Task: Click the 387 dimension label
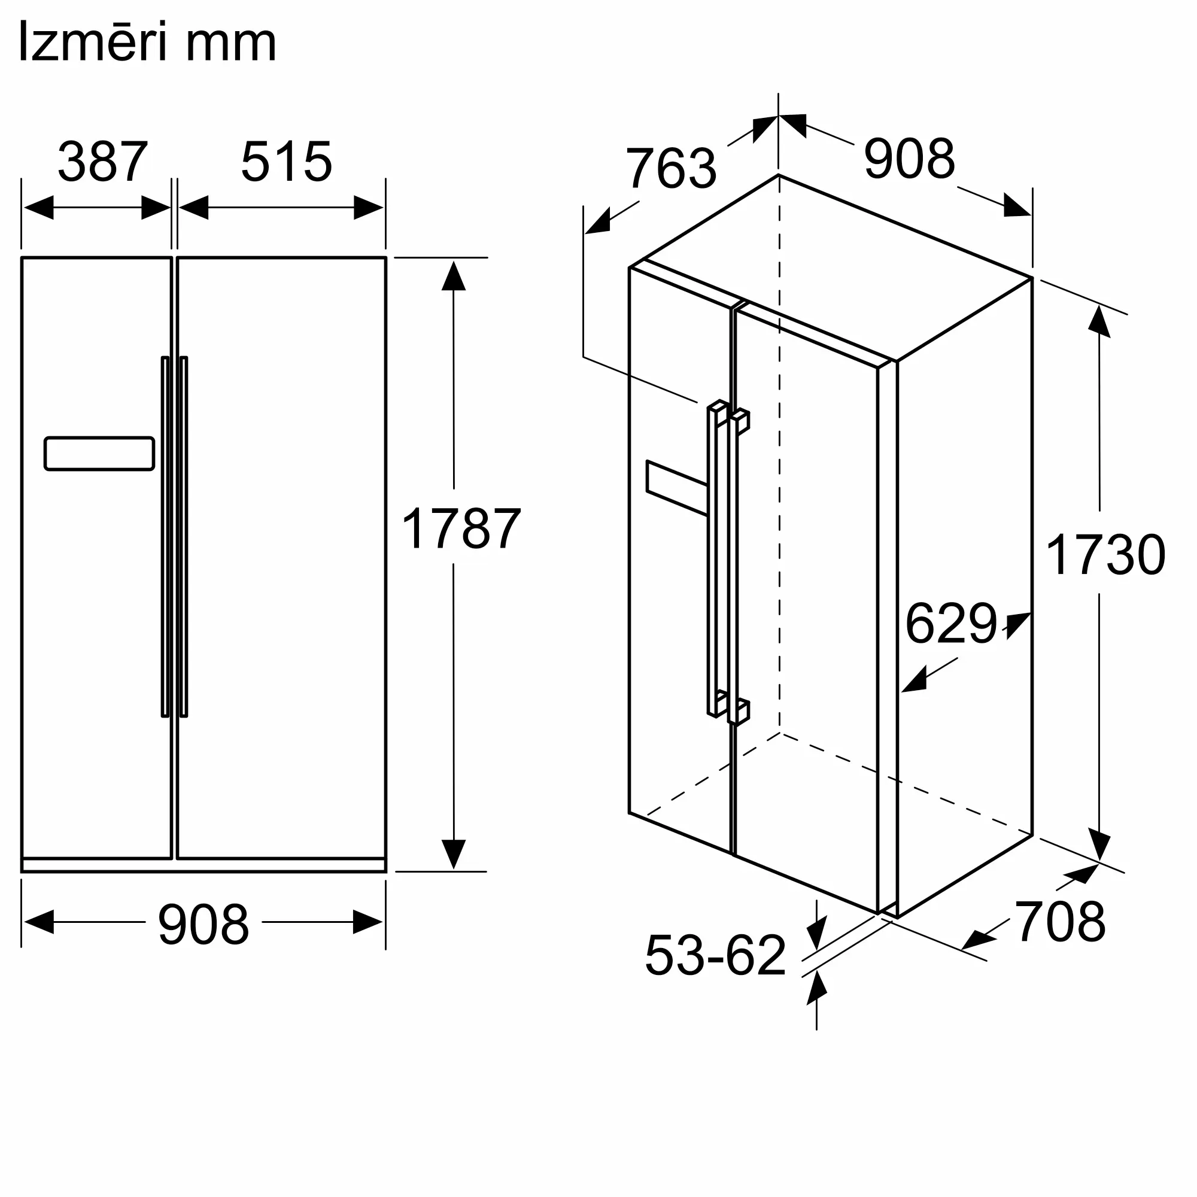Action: (x=103, y=162)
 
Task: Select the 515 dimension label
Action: (x=286, y=162)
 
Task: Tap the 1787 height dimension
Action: (x=461, y=529)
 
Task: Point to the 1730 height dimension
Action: (x=1106, y=555)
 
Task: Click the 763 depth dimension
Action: (x=671, y=168)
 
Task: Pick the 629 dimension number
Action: (x=951, y=623)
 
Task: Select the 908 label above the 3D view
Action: (x=910, y=159)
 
